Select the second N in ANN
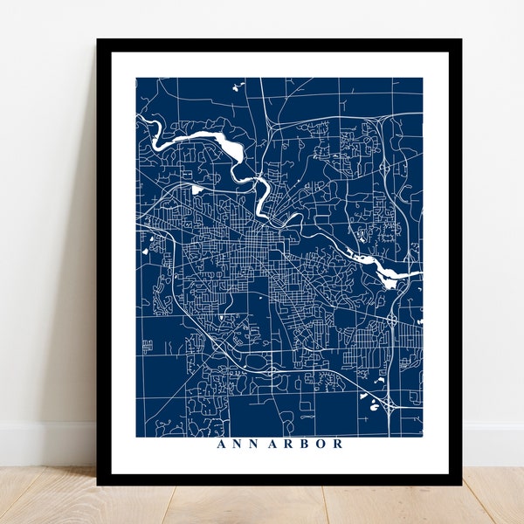click(x=246, y=444)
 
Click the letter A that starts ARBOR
click(x=272, y=444)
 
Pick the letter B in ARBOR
click(x=303, y=444)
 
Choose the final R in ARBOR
click(x=337, y=444)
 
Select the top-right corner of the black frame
click(x=460, y=40)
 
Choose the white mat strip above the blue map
click(x=279, y=65)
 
